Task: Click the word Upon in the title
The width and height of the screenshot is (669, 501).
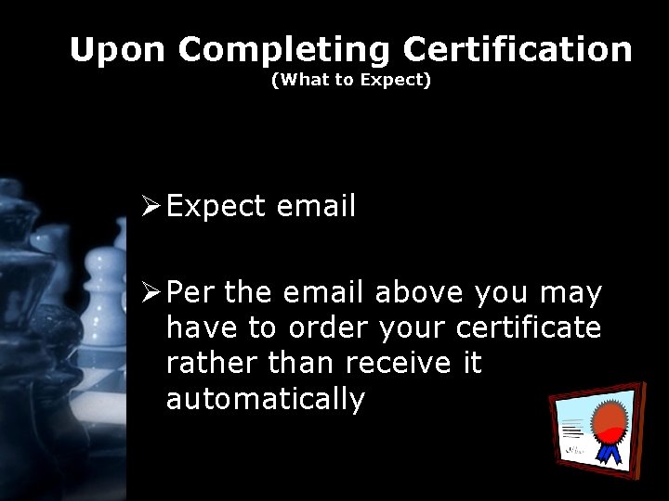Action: click(118, 49)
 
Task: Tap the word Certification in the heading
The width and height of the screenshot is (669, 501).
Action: click(518, 49)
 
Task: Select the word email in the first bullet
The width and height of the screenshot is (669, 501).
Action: click(316, 206)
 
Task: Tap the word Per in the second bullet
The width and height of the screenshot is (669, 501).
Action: click(191, 294)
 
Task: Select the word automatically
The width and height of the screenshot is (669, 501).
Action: click(266, 400)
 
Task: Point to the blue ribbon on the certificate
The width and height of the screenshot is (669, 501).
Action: click(610, 451)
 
